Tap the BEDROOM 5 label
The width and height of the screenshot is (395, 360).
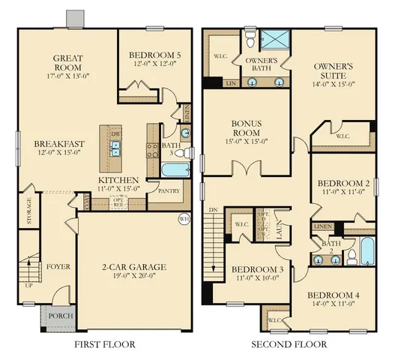pos(156,55)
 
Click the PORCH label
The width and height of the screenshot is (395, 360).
pos(61,316)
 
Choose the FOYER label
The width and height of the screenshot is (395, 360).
pos(58,265)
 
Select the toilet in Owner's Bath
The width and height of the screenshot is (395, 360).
pos(250,36)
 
